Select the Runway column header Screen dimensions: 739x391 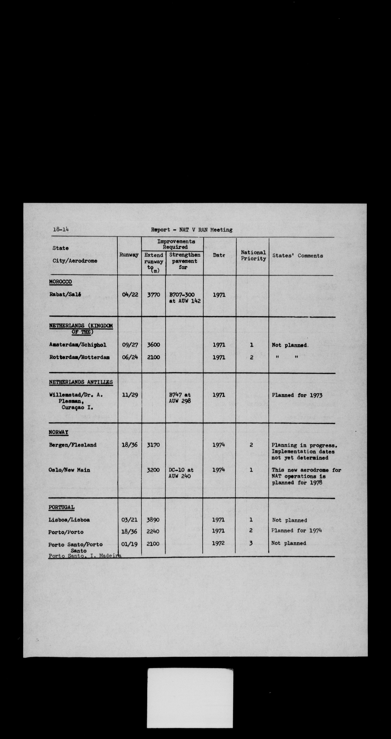click(x=129, y=255)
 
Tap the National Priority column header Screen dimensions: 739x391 click(x=253, y=255)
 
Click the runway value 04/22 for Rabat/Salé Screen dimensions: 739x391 click(x=130, y=295)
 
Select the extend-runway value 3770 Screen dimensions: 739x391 click(x=153, y=295)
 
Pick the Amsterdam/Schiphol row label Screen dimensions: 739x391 click(x=78, y=345)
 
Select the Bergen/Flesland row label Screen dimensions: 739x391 click(x=73, y=445)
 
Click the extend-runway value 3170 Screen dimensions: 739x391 click(x=153, y=445)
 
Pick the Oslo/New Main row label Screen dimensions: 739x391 click(x=69, y=470)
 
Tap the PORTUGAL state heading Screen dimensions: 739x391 click(x=61, y=507)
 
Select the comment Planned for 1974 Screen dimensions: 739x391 click(x=296, y=530)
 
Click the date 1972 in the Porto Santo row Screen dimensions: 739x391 click(x=218, y=543)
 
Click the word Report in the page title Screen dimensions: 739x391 click(x=160, y=230)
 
